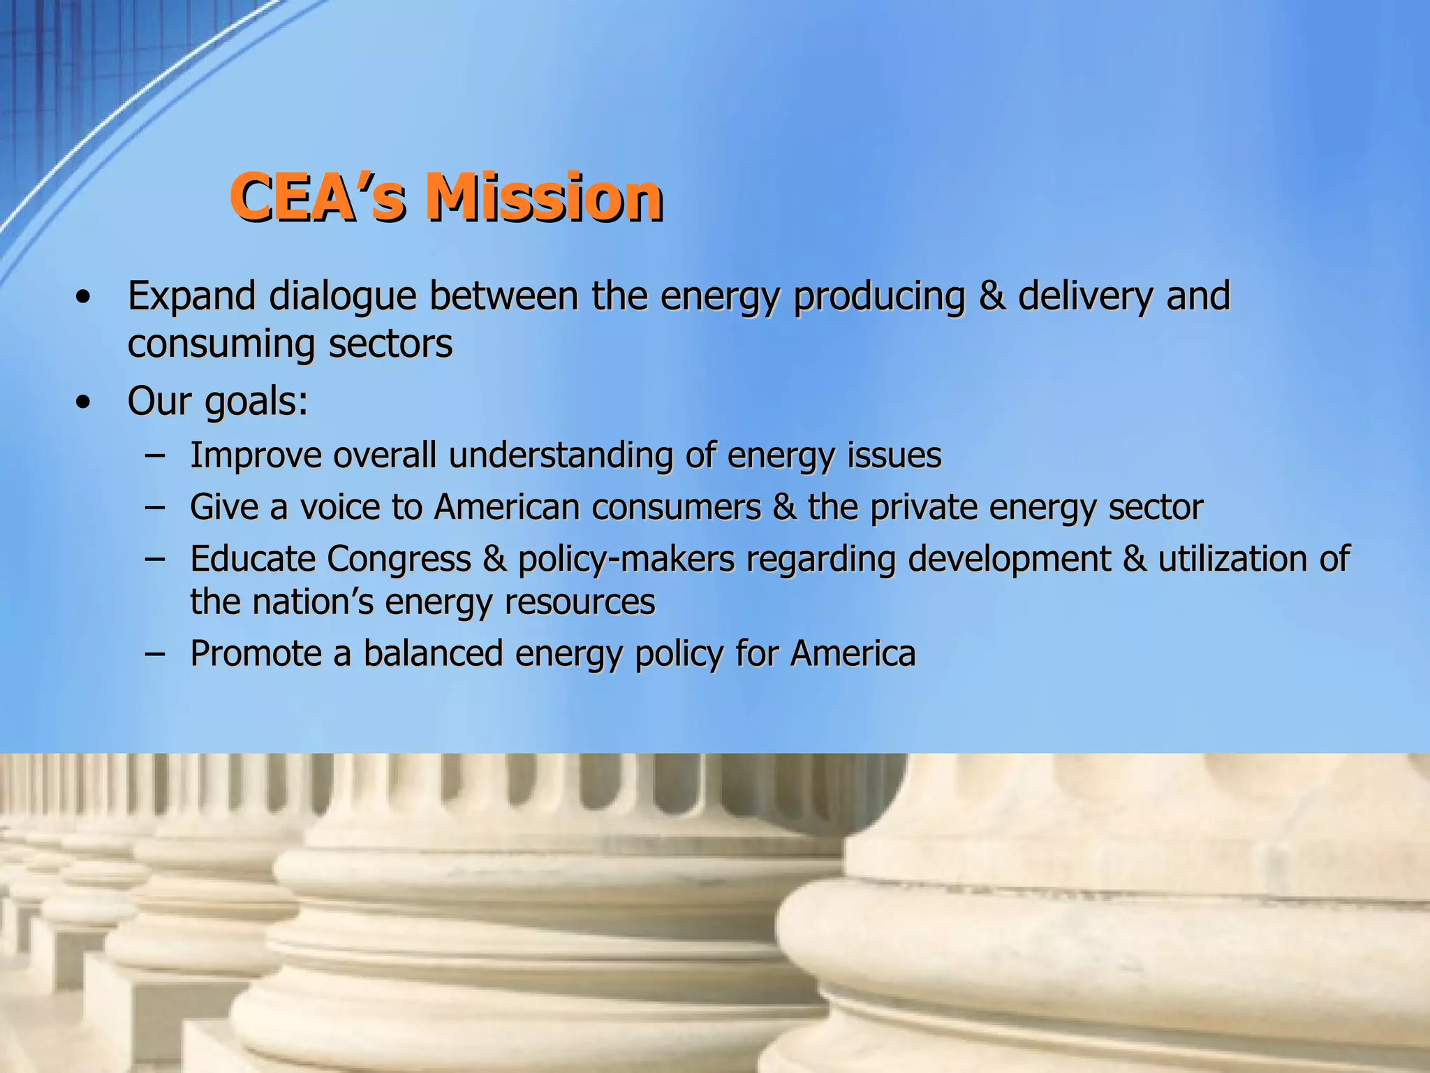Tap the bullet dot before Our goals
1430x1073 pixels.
(84, 402)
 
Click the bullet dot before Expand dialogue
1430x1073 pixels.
(84, 298)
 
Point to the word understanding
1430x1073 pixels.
(561, 455)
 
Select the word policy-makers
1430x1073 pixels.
(626, 559)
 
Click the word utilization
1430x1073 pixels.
(1232, 559)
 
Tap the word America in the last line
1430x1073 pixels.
(853, 655)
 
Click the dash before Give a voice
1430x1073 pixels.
(155, 508)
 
